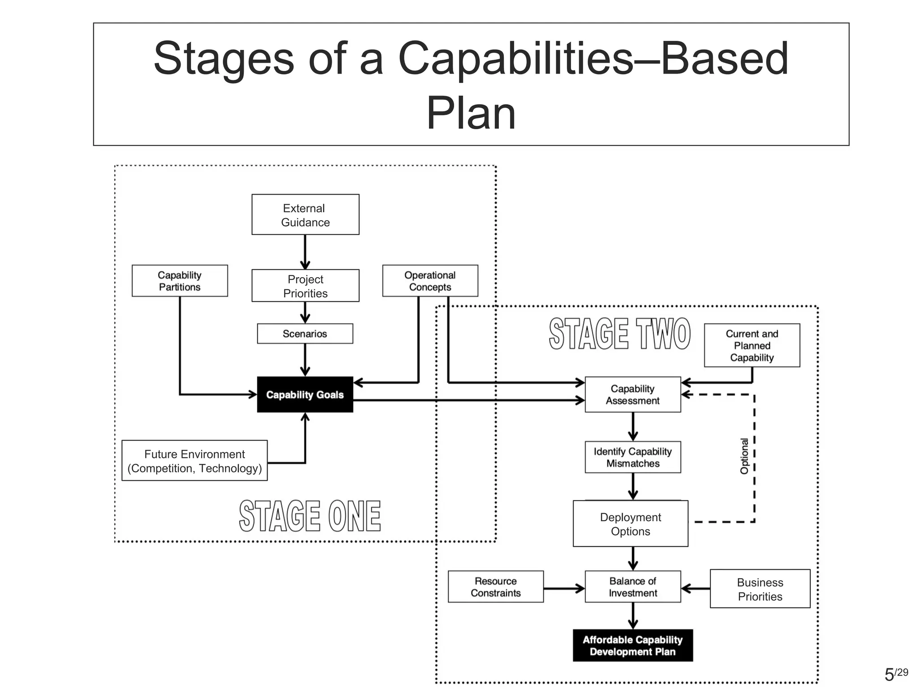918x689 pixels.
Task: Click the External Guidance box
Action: [305, 214]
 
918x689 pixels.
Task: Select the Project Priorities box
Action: [305, 286]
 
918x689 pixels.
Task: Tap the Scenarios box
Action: [305, 334]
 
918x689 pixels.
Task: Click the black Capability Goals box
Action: [305, 395]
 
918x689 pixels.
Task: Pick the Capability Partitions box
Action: [180, 281]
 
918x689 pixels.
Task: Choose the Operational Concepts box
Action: [430, 281]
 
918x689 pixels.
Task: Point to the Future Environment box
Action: [195, 461]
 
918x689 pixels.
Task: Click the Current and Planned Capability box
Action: [752, 345]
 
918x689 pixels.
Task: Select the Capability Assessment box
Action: [632, 395]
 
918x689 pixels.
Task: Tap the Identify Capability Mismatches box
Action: [632, 457]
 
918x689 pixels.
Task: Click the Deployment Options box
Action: [630, 524]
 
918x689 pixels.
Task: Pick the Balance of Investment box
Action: [632, 587]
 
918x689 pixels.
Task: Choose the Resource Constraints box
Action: [495, 587]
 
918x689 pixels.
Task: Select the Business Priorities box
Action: [760, 589]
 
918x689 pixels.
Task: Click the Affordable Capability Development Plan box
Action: [632, 645]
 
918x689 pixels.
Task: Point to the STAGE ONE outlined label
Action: [310, 516]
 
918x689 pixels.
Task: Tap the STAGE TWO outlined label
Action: [619, 334]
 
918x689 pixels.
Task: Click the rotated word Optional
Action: [744, 456]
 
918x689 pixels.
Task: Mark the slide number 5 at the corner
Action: [889, 675]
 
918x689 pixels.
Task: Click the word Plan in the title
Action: [471, 113]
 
